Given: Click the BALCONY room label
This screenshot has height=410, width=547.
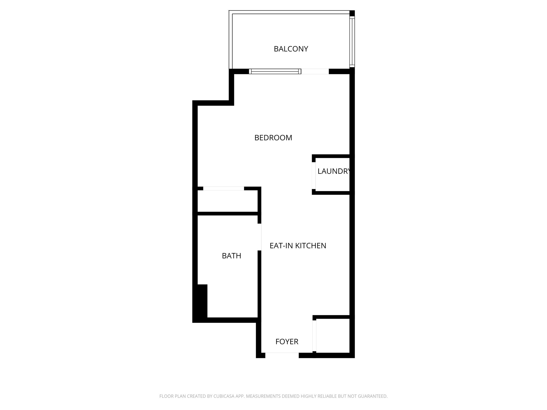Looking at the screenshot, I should coord(291,49).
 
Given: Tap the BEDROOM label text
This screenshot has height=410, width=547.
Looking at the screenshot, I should coord(273,138).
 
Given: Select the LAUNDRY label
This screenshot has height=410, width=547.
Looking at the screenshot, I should coord(333,171).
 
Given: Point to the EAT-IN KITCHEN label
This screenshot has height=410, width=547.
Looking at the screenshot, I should coord(298,246).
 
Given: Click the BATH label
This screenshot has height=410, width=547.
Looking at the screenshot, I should coord(231,256).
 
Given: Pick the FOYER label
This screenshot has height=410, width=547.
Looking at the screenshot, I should coord(287,342).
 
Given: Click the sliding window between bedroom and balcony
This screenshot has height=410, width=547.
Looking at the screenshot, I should coord(275,72).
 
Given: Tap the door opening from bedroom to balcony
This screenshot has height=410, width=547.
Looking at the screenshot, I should coord(315,72).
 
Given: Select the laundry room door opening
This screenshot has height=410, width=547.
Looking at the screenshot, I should coord(314,175).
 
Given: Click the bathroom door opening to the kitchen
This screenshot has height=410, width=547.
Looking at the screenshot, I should coord(259,237).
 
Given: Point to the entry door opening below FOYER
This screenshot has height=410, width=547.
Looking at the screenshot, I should coord(282,355).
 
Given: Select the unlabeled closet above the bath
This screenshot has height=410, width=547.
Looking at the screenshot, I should coord(227,201).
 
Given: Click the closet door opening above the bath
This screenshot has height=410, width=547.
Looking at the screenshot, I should coord(224,188).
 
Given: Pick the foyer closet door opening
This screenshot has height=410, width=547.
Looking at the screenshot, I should coord(314,336).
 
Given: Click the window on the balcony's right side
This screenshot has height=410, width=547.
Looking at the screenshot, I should coord(352,41).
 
